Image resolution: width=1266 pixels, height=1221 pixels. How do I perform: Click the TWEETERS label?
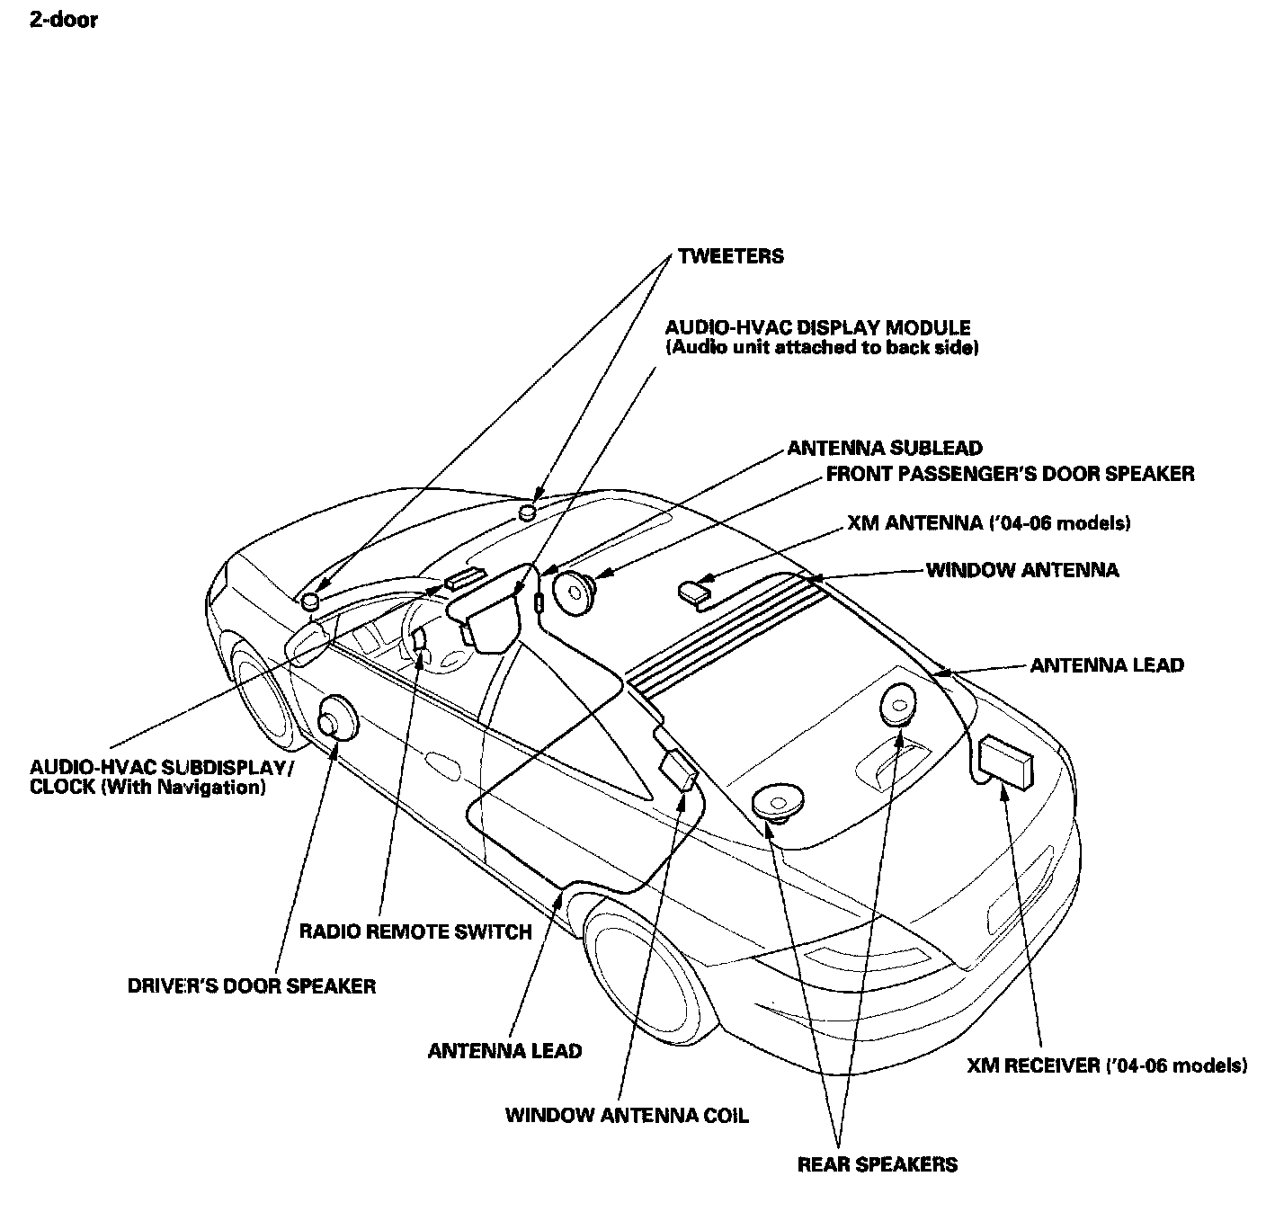click(x=730, y=256)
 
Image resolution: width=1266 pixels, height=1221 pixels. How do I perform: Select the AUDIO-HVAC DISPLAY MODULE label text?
click(x=818, y=327)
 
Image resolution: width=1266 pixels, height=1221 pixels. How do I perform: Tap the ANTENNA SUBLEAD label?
click(x=885, y=448)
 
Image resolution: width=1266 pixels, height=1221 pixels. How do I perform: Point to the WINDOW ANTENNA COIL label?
click(x=627, y=1116)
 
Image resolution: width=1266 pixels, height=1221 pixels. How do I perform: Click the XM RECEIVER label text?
click(x=1107, y=1065)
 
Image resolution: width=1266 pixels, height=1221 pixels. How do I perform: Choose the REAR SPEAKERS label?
click(x=878, y=1164)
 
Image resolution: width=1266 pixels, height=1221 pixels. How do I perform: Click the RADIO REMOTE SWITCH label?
click(x=415, y=931)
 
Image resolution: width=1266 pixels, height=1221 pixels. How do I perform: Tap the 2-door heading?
click(x=63, y=20)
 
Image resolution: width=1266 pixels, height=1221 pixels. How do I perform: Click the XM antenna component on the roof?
click(x=693, y=591)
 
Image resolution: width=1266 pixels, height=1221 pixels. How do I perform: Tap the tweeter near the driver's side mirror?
click(x=311, y=601)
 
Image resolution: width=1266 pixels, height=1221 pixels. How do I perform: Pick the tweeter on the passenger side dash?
click(x=528, y=512)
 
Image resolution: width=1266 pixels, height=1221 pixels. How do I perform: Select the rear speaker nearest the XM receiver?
click(x=898, y=703)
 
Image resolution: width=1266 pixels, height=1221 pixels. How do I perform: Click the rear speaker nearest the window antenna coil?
click(x=778, y=801)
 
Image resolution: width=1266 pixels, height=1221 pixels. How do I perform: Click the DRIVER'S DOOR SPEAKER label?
click(x=252, y=985)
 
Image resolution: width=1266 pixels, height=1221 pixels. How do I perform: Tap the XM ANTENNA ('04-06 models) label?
click(x=988, y=523)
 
